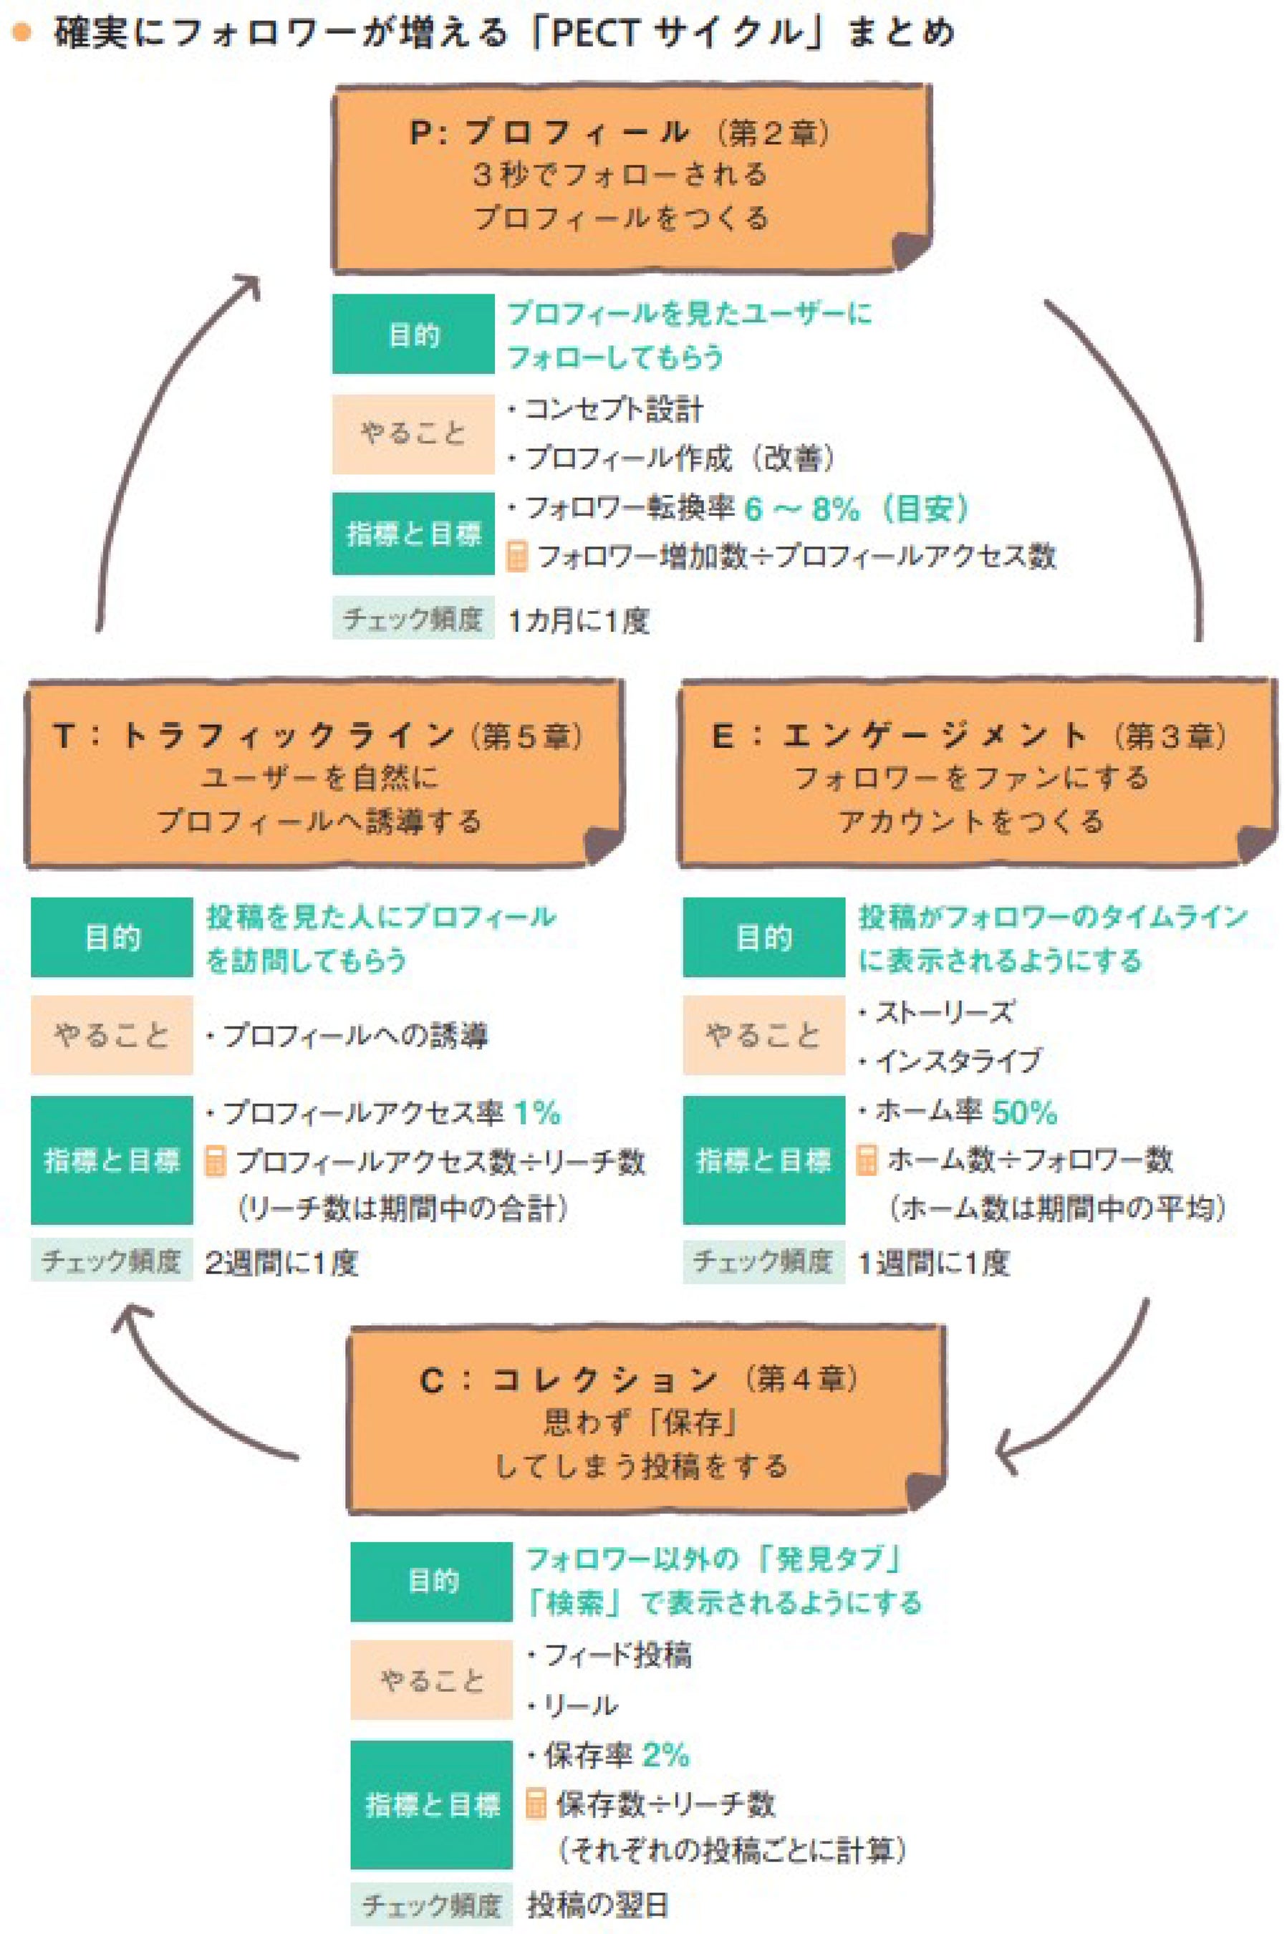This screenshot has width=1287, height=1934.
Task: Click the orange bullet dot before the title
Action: [21, 33]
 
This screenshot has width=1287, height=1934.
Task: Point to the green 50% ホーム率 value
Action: [1024, 1113]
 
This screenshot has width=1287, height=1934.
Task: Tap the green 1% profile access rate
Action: [537, 1113]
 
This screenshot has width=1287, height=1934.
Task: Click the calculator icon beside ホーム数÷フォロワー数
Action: [867, 1160]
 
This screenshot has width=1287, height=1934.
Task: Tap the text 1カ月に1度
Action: [579, 620]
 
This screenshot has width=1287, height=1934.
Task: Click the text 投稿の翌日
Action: [597, 1905]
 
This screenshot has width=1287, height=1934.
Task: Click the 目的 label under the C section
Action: [432, 1581]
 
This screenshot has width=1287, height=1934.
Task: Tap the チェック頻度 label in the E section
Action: [763, 1261]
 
